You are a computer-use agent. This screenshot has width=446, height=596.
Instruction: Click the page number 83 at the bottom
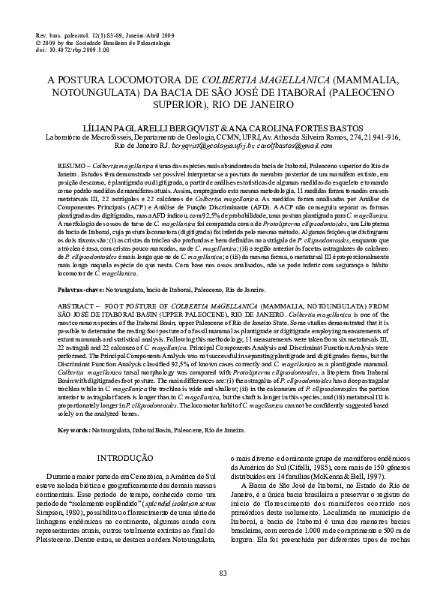(223, 573)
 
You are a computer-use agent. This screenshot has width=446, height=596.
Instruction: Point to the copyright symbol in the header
(38, 43)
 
